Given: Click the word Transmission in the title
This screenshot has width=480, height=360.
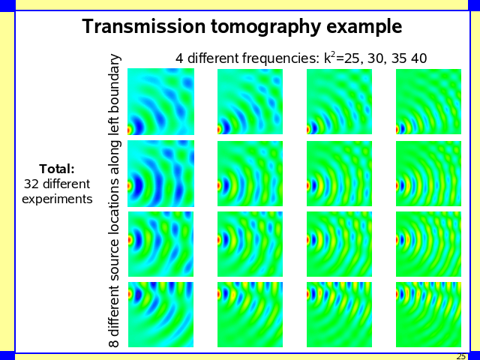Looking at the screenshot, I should tap(134, 27).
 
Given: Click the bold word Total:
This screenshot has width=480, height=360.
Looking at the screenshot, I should tap(57, 169).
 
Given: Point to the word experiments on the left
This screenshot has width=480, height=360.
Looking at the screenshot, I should tap(57, 199).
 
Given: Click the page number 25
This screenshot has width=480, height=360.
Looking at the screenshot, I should tap(460, 356).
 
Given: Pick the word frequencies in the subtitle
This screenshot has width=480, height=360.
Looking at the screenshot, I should tap(281, 58).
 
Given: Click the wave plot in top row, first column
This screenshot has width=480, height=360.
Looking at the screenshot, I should tap(161, 101).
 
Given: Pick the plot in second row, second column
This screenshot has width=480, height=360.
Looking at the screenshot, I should tap(250, 173).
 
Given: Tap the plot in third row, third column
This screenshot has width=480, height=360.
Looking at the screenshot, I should tap(340, 244).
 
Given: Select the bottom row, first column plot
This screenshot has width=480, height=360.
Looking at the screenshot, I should tap(161, 314).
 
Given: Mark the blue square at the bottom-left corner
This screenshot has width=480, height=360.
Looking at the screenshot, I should tap(7, 355).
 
